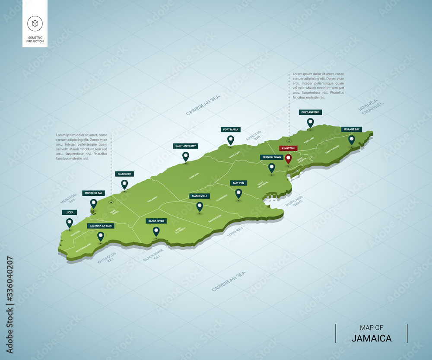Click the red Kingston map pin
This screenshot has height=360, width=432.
pyautogui.click(x=288, y=159)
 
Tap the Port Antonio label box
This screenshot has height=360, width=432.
pyautogui.click(x=310, y=112)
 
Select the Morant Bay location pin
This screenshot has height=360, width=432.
pyautogui.click(x=352, y=139)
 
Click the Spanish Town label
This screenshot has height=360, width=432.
pyautogui.click(x=272, y=157)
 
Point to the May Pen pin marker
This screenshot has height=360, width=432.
pyautogui.click(x=238, y=193)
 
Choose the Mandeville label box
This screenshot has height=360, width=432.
pyautogui.click(x=199, y=196)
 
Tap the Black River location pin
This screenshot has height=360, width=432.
pyautogui.click(x=156, y=231)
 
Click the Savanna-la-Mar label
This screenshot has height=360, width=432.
pyautogui.click(x=100, y=226)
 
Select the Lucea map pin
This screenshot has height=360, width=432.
pyautogui.click(x=69, y=223)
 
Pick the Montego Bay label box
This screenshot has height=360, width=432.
pyautogui.click(x=93, y=193)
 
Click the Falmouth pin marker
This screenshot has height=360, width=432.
pyautogui.click(x=124, y=184)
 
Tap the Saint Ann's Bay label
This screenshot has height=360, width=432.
pyautogui.click(x=185, y=146)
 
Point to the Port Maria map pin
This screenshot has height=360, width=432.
pyautogui.click(x=231, y=140)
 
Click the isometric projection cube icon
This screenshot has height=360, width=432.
pyautogui.click(x=35, y=23)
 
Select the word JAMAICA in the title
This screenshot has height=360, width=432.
pyautogui.click(x=372, y=338)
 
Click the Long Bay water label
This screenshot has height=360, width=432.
pyautogui.click(x=235, y=232)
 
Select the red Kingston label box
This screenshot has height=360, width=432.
pyautogui.click(x=288, y=148)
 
